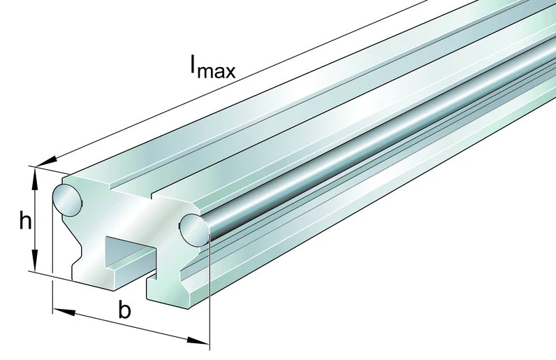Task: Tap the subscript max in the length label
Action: tap(216, 71)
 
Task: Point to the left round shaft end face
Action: tap(67, 200)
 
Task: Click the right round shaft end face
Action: tap(193, 230)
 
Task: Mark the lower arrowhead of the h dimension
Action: tap(35, 260)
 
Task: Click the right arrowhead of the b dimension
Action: tap(198, 341)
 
